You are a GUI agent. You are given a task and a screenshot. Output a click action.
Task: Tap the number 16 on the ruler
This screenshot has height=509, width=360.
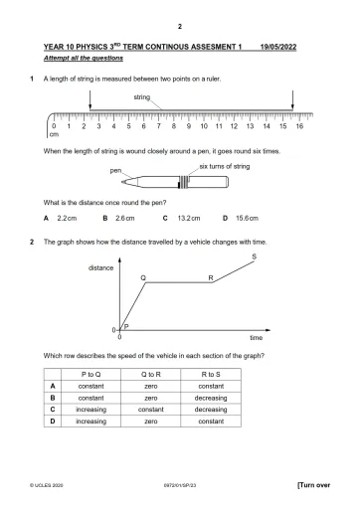click(298, 128)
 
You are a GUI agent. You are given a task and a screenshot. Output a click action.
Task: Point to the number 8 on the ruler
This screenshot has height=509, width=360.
click(175, 128)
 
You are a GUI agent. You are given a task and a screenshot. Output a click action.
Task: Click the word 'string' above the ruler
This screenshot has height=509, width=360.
click(142, 96)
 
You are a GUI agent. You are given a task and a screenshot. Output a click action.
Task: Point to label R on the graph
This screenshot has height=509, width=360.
click(211, 277)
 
